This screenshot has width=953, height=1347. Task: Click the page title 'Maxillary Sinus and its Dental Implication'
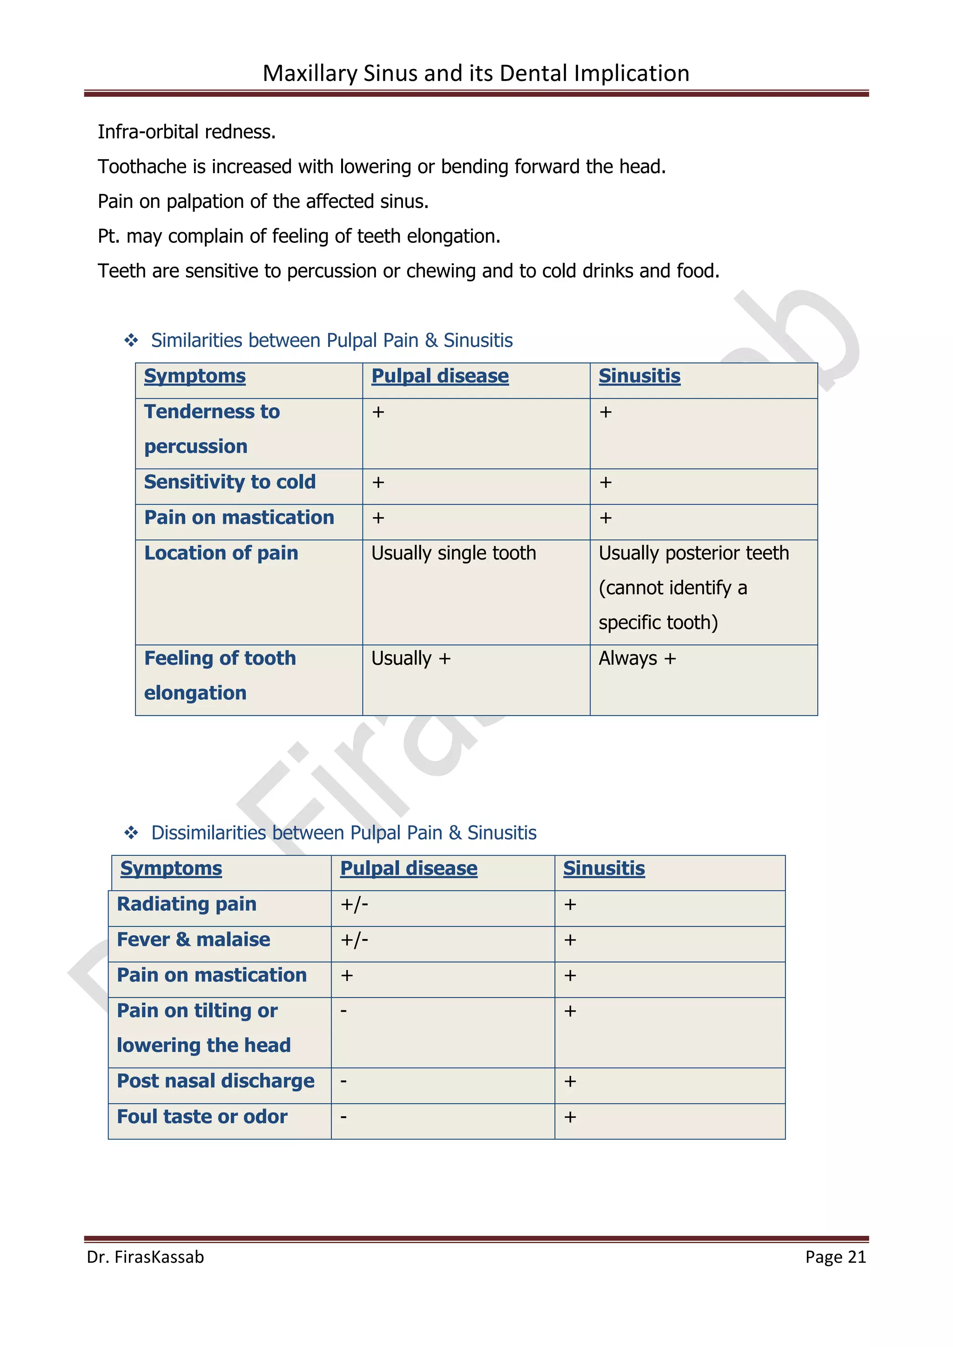(476, 73)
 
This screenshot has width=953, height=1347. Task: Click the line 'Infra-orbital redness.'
(187, 132)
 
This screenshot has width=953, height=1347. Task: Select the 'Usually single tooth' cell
(454, 553)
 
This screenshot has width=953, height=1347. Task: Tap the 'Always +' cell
(638, 658)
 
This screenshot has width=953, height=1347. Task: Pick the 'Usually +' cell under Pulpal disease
(411, 658)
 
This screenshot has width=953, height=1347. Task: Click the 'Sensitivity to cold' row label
(230, 482)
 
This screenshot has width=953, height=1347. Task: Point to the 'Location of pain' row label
(221, 553)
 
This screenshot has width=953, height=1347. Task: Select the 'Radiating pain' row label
(187, 904)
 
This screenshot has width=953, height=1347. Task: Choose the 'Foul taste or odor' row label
(202, 1116)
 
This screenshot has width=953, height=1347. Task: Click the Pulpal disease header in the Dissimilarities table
(409, 868)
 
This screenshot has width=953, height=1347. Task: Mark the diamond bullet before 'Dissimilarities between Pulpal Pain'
(131, 833)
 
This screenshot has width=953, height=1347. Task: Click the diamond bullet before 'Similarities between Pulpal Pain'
(131, 340)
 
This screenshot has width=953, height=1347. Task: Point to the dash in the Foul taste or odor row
(344, 1116)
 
